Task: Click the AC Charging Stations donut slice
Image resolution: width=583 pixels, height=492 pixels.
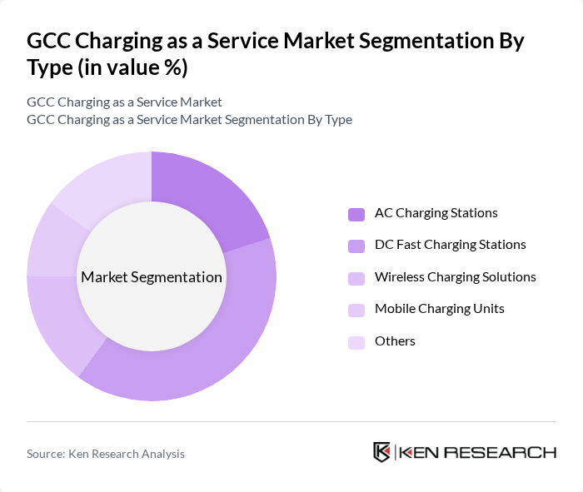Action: [x=204, y=196]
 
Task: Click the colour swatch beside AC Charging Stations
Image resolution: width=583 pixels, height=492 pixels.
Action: [x=356, y=214]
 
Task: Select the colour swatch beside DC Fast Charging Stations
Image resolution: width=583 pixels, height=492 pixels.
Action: [x=356, y=246]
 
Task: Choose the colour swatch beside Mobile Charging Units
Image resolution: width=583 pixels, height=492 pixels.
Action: [x=356, y=310]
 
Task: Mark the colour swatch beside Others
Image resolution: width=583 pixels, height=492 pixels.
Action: [x=356, y=342]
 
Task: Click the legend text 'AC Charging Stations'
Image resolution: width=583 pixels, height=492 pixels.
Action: [x=436, y=213]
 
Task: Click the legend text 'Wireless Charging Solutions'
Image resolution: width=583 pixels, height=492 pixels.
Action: [x=455, y=277]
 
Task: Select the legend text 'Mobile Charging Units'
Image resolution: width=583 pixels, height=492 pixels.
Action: [x=439, y=309]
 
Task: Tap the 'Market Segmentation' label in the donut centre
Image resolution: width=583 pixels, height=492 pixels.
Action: [x=152, y=277]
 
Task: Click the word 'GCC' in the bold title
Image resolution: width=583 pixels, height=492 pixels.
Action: [x=51, y=42]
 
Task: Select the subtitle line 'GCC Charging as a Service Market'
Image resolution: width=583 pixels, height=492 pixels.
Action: [x=124, y=102]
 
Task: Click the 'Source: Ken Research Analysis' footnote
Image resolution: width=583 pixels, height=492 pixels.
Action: [x=106, y=454]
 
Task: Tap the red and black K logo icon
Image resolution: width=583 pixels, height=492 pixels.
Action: [x=382, y=452]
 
